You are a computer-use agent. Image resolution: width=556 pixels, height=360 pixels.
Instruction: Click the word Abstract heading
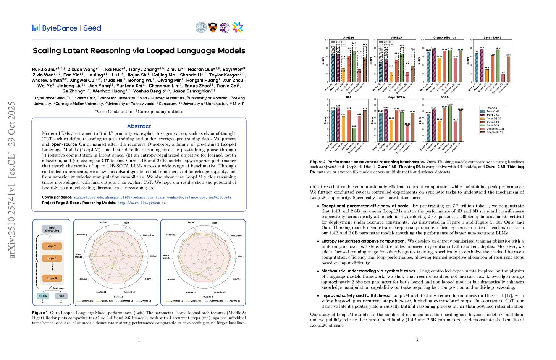tap(139, 126)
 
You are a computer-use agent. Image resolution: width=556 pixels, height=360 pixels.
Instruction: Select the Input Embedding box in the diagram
tap(52, 229)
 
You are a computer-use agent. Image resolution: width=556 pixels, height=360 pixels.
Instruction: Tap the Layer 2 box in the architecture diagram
tap(52, 258)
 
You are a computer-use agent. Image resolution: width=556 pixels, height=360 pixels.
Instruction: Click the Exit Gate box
tap(42, 296)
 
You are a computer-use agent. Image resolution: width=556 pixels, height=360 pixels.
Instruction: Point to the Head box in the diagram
tap(61, 296)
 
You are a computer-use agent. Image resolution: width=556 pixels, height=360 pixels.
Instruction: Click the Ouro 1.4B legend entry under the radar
tap(119, 297)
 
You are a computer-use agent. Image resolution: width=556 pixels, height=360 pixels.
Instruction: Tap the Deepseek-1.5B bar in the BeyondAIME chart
tap(503, 77)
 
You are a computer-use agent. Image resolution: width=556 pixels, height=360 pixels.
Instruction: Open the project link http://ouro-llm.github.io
tap(141, 203)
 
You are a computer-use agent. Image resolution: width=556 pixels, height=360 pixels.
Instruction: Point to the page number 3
tap(417, 340)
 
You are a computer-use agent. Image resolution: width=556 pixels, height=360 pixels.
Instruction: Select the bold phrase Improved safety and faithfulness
tap(356, 295)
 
